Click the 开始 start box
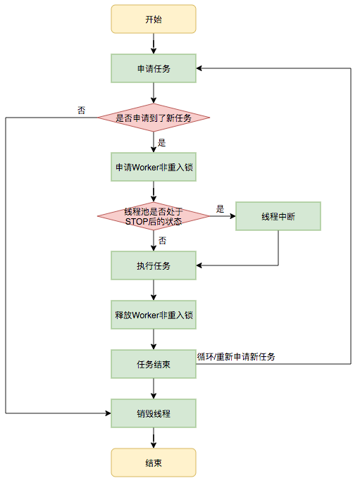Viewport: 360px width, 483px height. tap(153, 19)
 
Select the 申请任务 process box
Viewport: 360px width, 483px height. tap(153, 68)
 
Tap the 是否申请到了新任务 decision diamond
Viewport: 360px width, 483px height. tap(153, 118)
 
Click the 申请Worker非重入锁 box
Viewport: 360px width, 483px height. tap(153, 168)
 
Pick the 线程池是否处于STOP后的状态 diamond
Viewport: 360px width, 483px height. tap(153, 216)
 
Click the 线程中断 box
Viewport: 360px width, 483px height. tap(278, 216)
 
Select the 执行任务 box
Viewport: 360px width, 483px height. tap(153, 265)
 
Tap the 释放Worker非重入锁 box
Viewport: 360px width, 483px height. tap(153, 315)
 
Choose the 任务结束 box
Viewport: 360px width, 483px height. tap(153, 364)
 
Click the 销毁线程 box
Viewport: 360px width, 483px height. tap(153, 413)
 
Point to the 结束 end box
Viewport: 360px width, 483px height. tap(153, 463)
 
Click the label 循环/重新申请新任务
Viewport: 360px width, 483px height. tap(236, 357)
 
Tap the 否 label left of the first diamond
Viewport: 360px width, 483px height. tap(82, 111)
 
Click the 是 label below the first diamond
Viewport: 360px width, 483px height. tap(161, 142)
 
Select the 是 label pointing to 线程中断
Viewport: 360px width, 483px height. tap(220, 208)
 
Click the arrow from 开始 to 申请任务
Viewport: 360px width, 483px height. tap(153, 44)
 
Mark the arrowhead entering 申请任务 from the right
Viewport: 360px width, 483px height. tap(200, 68)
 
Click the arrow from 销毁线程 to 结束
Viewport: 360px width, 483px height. tap(153, 438)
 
